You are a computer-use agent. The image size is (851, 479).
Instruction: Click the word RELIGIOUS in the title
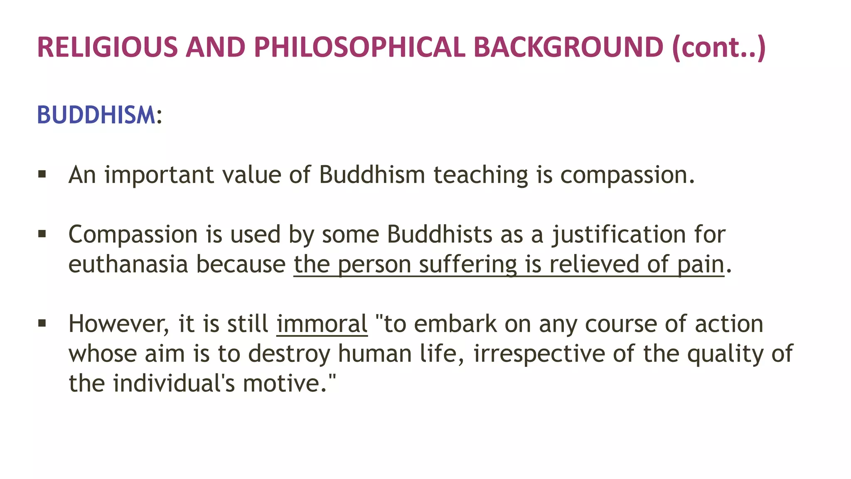pos(107,47)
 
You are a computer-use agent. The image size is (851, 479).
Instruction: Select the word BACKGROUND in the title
pos(568,47)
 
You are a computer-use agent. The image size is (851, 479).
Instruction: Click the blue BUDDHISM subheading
pos(96,115)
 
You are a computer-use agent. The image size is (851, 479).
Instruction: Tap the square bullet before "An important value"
pos(42,174)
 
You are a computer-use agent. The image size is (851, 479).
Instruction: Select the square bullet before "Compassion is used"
pos(42,234)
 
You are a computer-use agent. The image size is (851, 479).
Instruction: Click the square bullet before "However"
pos(42,323)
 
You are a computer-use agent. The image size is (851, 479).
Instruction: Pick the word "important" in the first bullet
pos(159,175)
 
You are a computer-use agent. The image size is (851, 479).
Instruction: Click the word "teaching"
pos(481,175)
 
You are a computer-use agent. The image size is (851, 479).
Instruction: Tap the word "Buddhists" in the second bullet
pos(440,235)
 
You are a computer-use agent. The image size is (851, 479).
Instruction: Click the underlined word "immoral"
pos(322,324)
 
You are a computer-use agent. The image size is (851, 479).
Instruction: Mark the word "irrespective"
pos(539,354)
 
